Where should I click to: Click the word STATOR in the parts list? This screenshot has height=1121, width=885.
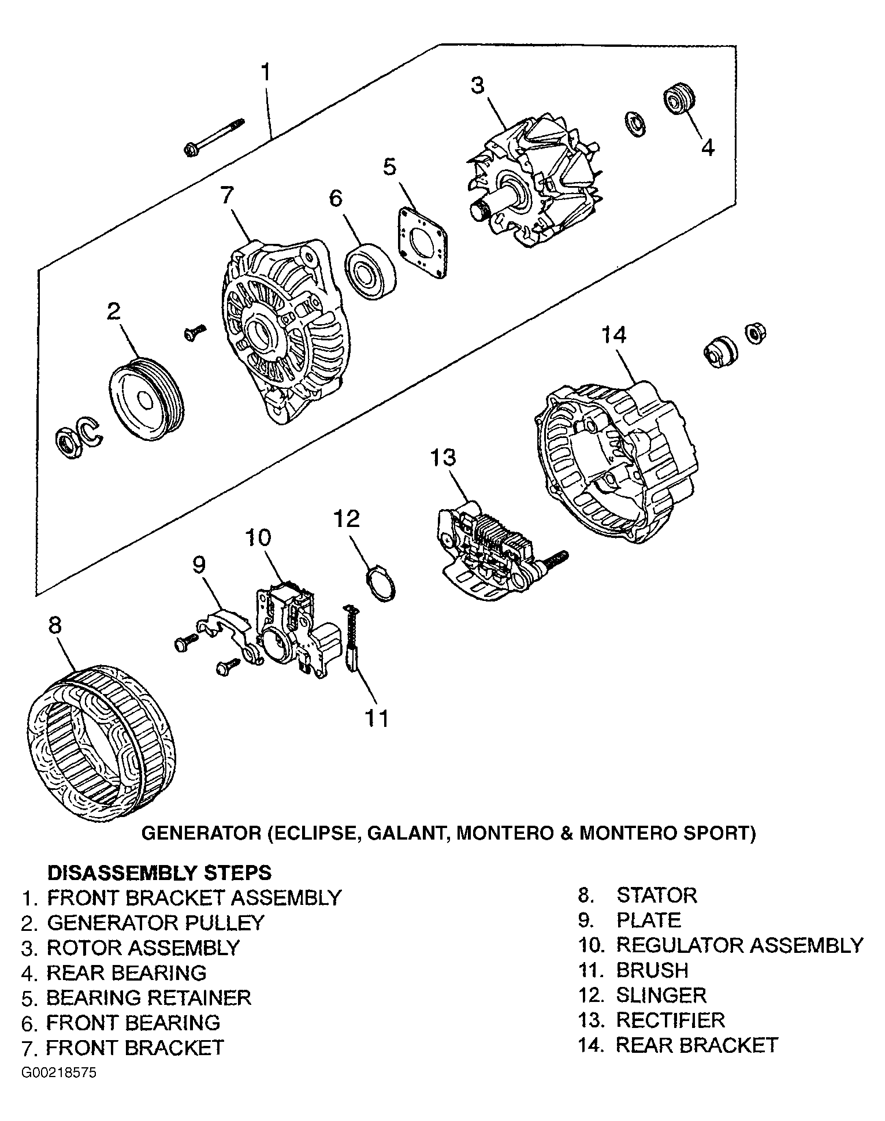tap(657, 895)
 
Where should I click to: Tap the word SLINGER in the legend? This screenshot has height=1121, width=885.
tap(661, 995)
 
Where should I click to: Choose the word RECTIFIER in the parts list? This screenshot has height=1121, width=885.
tap(670, 1020)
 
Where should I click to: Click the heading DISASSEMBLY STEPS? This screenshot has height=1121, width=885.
tap(159, 872)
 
